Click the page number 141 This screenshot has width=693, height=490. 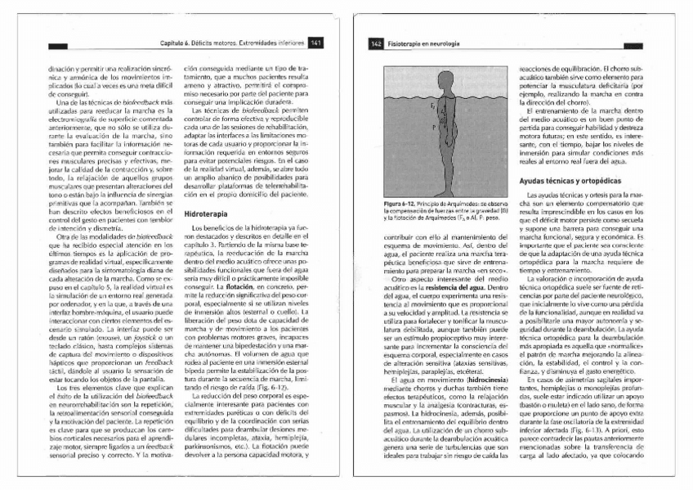coord(317,43)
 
